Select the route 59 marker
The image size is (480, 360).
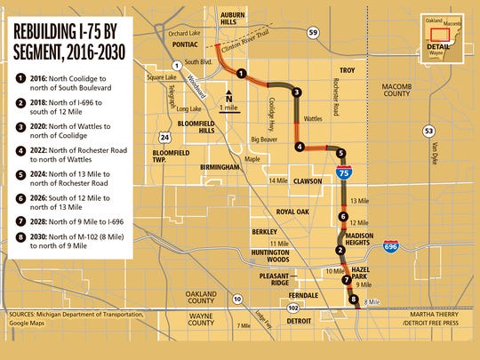(313, 33)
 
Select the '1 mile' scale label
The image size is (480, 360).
(230, 108)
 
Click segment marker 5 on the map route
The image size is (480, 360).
(342, 152)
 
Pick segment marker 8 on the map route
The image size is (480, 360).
(355, 300)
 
